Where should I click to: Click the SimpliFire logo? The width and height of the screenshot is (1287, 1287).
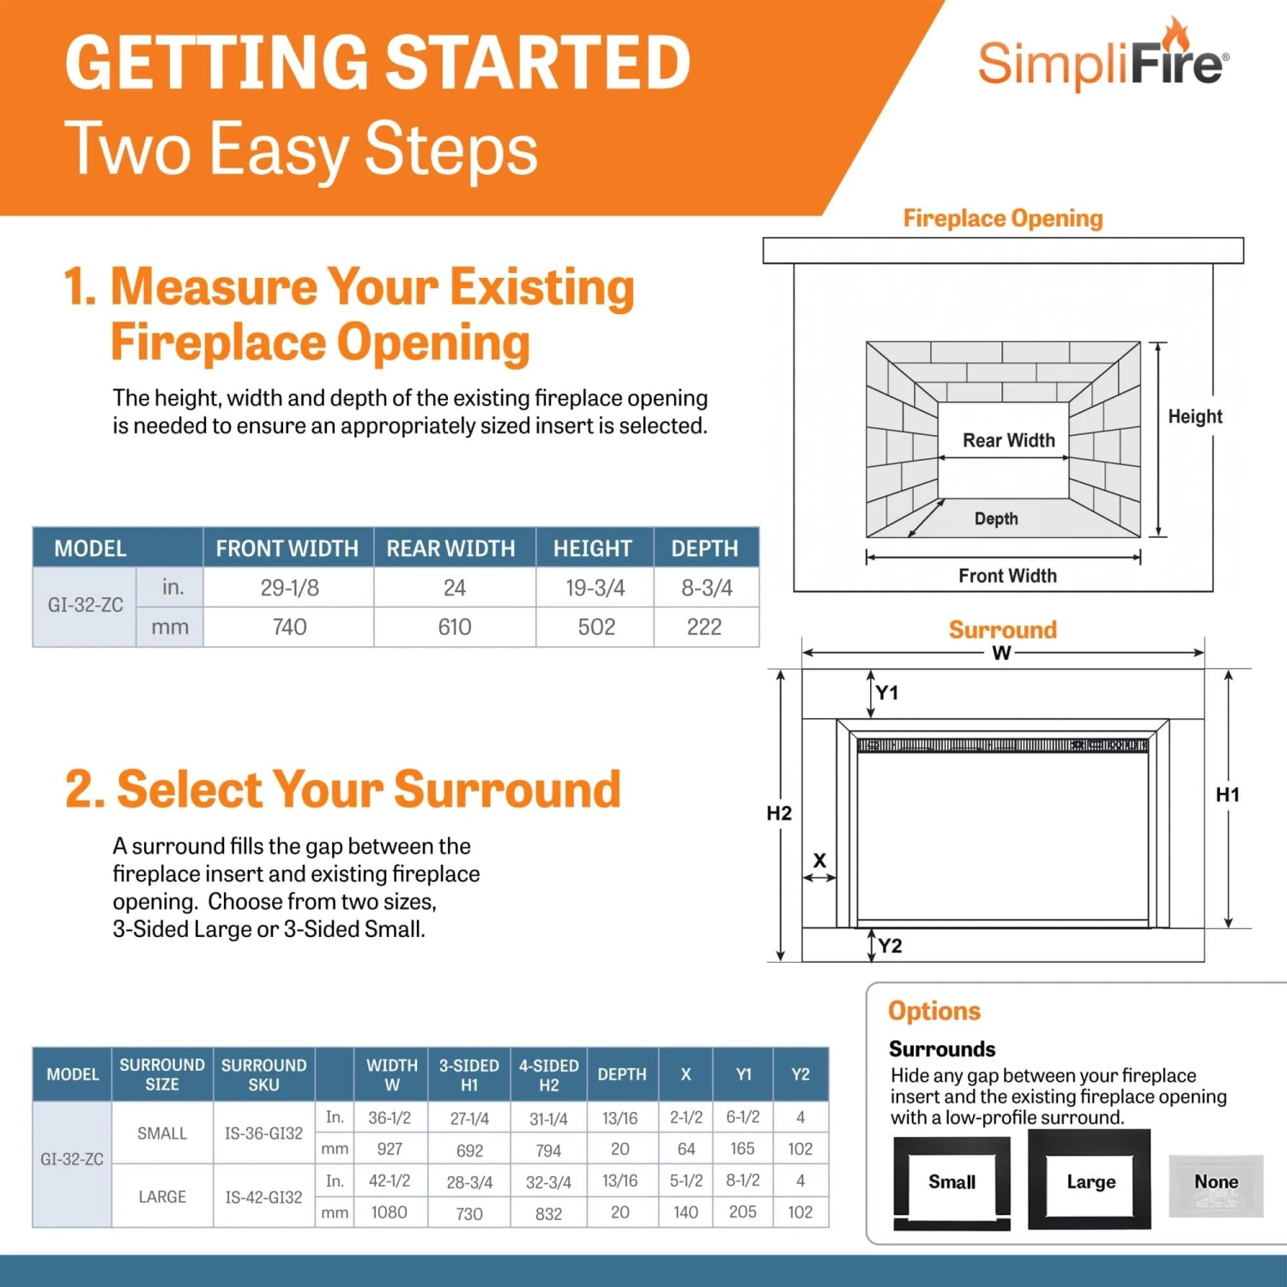point(1103,60)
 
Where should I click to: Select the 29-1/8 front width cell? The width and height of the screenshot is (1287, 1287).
point(289,588)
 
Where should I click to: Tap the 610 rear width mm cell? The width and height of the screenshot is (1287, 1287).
point(454,627)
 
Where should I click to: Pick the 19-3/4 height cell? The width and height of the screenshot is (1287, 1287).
point(595,588)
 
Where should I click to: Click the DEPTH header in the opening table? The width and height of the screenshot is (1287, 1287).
point(704,548)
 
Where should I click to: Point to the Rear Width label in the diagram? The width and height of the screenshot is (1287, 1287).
point(1008,440)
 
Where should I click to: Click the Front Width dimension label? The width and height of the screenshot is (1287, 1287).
point(1007,576)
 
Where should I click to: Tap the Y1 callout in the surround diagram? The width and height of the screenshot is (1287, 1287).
point(887,692)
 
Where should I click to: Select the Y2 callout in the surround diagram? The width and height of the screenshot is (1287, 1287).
point(890,946)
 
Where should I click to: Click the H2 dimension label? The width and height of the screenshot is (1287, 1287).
point(779,813)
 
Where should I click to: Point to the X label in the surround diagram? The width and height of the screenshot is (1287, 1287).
point(819,861)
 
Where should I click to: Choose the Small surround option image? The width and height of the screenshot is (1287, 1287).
point(952,1182)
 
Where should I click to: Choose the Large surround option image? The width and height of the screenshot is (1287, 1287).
point(1090,1181)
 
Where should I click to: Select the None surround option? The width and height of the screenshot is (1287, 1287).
point(1216,1183)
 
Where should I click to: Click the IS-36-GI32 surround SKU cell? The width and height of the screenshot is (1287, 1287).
point(263,1133)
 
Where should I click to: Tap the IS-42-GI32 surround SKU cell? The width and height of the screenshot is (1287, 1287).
point(263,1197)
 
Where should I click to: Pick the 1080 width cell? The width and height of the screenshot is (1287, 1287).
point(389,1212)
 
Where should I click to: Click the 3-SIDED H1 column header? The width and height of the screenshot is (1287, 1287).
point(468,1074)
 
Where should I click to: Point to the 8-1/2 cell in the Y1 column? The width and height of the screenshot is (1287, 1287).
point(742,1181)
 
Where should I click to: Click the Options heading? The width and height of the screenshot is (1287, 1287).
point(934,1011)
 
